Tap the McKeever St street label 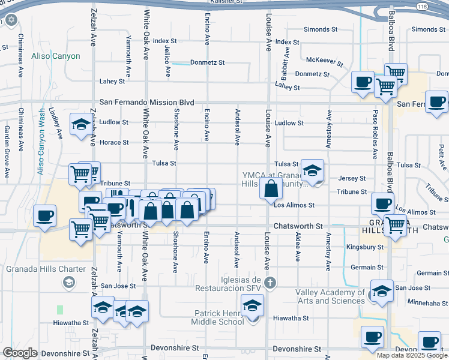click(x=324, y=61)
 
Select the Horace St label click(x=114, y=142)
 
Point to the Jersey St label click(x=352, y=178)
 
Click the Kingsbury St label click(x=365, y=247)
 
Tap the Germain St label click(x=367, y=267)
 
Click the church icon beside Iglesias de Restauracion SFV click(x=270, y=282)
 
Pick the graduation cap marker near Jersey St click(x=312, y=171)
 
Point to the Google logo click(x=20, y=353)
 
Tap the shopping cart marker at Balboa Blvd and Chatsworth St click(x=395, y=226)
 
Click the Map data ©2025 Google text click(x=411, y=355)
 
